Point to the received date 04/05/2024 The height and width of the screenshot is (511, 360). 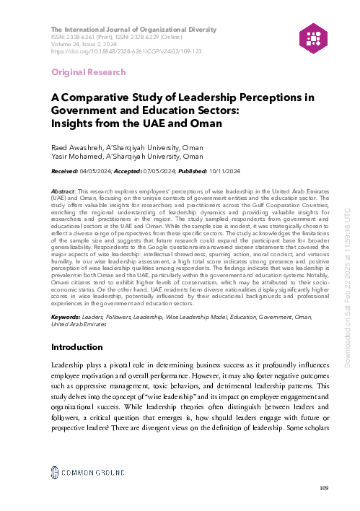[97, 170]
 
